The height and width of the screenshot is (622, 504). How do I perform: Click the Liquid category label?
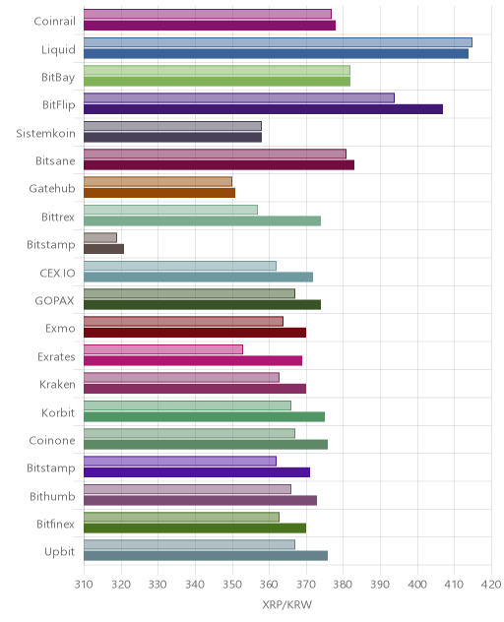58,49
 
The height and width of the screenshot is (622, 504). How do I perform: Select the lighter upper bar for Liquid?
278,42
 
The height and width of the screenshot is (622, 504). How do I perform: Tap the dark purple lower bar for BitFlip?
263,109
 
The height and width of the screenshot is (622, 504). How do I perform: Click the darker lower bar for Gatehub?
159,193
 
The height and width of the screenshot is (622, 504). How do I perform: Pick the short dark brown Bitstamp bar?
103,249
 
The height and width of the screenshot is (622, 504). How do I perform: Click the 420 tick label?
492,584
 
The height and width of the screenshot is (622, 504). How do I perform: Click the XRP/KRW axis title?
286,604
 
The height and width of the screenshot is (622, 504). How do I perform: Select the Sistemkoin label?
45,133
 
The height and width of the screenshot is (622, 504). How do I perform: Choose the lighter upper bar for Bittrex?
170,210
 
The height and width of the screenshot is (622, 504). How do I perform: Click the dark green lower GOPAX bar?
202,305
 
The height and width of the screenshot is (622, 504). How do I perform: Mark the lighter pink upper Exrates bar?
163,349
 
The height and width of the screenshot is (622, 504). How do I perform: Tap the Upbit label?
59,551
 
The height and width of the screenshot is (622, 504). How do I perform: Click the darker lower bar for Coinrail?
210,26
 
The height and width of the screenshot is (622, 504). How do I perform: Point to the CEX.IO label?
57,273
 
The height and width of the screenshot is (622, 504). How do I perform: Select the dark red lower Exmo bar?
195,333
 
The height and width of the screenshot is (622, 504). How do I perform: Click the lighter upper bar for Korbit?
187,405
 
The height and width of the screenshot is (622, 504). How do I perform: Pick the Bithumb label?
52,496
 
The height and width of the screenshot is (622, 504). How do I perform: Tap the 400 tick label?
417,584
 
